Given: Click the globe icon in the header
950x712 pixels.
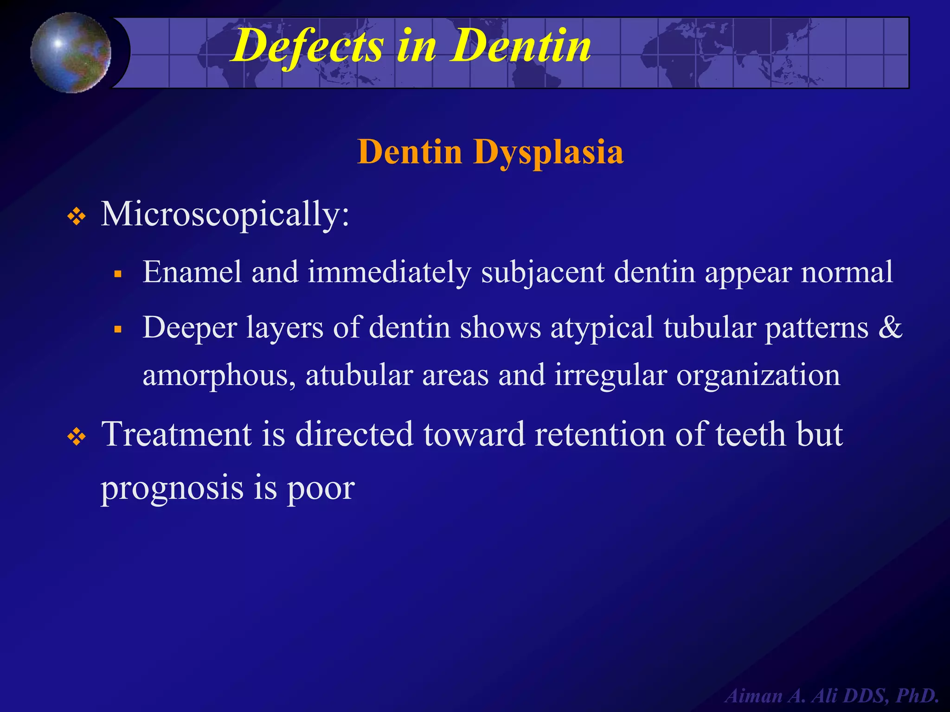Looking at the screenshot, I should point(71,52).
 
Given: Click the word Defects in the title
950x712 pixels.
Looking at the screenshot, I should point(307,46).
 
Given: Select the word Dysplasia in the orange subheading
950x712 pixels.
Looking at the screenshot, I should point(548,152).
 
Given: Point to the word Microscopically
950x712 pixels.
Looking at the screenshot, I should point(225,215).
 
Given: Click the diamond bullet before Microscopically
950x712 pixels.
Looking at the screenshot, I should point(77,216).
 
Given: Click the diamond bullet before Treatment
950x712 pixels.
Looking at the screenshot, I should point(77,436).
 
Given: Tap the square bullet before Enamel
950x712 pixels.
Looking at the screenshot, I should point(118,274).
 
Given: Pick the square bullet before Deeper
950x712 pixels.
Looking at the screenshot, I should point(118,330).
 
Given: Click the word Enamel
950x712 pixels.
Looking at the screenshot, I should point(192,272).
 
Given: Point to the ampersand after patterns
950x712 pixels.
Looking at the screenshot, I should point(890,327).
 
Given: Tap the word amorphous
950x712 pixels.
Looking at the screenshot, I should point(218,375).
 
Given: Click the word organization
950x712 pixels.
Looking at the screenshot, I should point(758,375).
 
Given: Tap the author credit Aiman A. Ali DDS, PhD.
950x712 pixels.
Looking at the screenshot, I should point(831,696).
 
